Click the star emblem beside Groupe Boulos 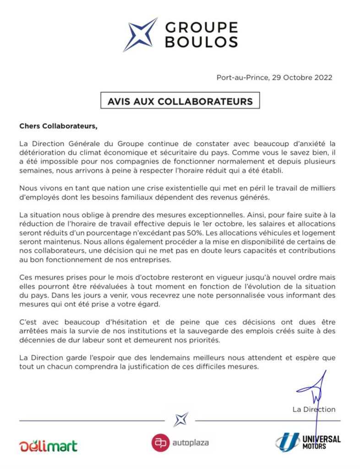(x=141, y=34)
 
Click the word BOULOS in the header (x=201, y=42)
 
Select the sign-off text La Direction (x=314, y=409)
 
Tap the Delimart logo (x=48, y=445)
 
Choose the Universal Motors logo (x=308, y=442)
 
